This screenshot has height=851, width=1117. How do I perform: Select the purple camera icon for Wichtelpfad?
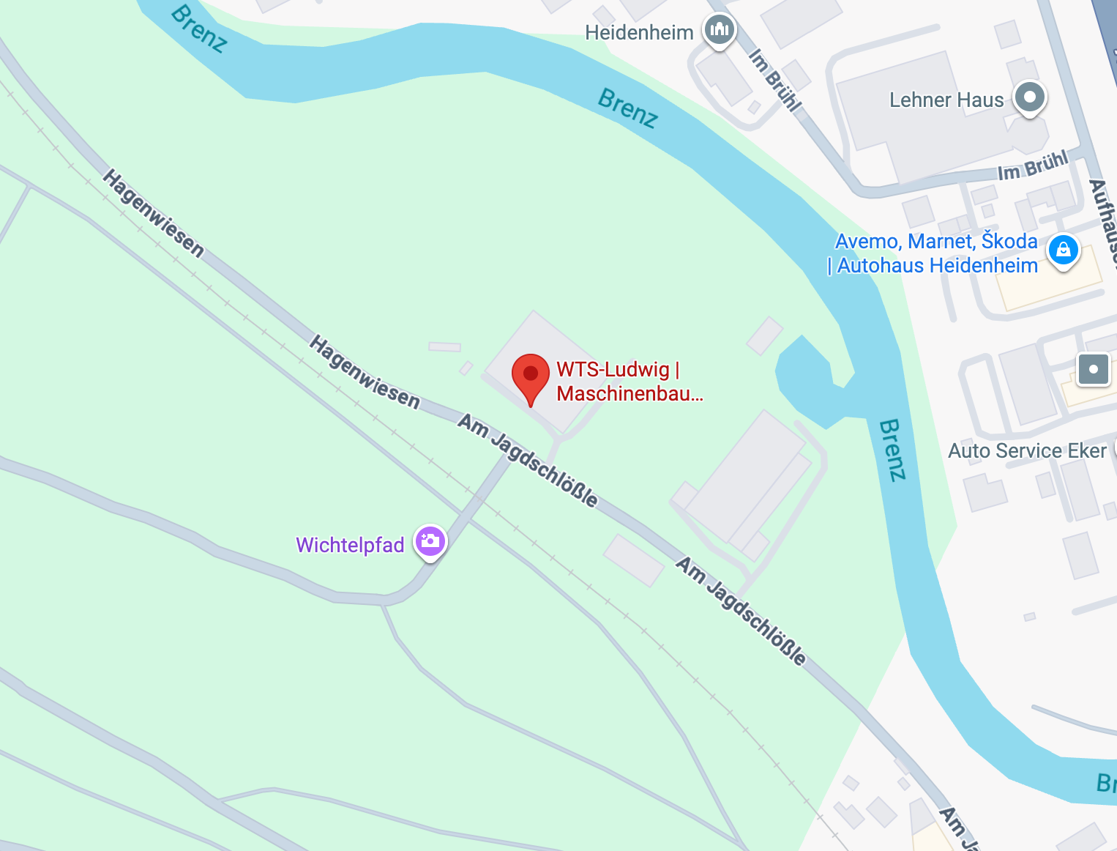coord(430,542)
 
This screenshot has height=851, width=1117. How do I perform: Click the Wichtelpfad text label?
coord(350,545)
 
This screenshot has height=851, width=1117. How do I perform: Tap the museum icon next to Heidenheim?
coord(720,31)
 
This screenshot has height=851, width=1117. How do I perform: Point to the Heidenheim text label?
coord(639,33)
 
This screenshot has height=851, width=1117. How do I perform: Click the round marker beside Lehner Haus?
coord(1030,97)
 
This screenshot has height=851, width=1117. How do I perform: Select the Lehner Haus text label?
coord(946,100)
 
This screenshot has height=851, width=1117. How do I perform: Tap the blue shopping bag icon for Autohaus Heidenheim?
coord(1063,250)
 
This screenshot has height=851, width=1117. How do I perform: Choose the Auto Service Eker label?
coord(1026,451)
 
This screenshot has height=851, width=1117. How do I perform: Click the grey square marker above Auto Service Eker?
coord(1094,369)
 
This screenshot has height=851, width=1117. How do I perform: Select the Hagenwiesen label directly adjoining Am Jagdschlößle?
coord(364,371)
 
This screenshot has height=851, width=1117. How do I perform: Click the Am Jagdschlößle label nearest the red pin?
coord(528,460)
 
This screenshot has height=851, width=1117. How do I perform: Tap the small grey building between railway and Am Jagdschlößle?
coord(634,560)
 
